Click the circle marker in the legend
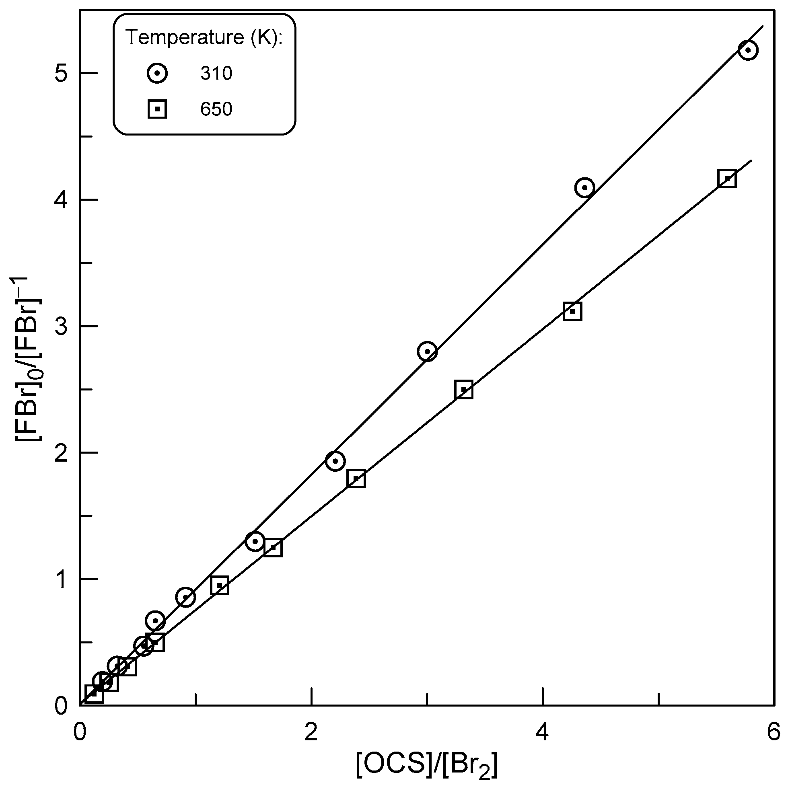click(157, 73)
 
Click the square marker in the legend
click(157, 109)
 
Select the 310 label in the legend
click(216, 74)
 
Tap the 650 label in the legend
click(216, 109)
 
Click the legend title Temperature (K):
click(204, 37)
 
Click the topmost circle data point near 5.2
click(748, 50)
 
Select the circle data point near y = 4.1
click(584, 188)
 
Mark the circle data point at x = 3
click(427, 351)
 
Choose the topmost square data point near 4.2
click(727, 179)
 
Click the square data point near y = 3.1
click(572, 312)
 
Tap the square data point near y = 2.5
click(464, 390)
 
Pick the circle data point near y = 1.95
click(335, 461)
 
